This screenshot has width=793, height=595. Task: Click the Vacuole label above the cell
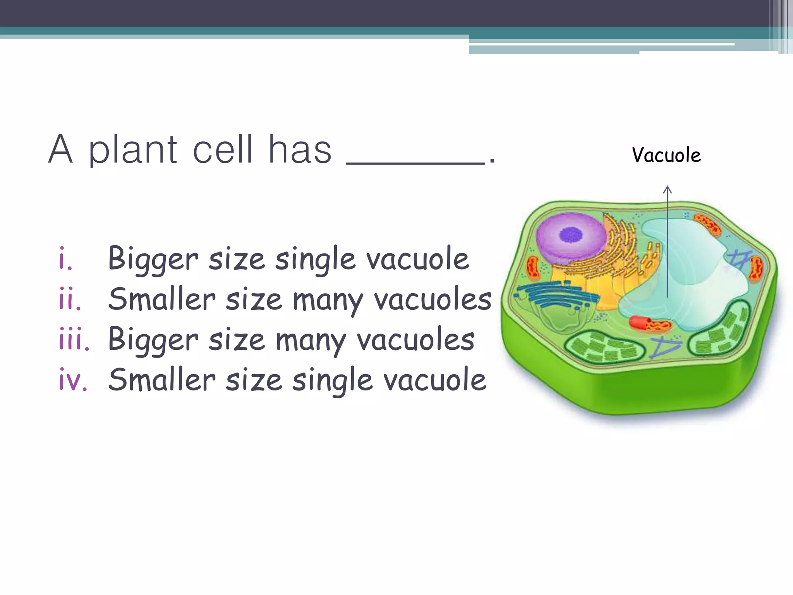666,155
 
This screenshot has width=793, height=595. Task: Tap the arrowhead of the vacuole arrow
667,189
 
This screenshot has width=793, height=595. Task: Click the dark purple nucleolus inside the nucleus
571,234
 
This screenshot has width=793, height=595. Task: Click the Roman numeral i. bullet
65,259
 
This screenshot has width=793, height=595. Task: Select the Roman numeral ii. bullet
70,299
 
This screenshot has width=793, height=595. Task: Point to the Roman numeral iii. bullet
74,340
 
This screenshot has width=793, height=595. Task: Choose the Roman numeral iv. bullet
73,380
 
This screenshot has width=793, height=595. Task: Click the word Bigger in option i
153,259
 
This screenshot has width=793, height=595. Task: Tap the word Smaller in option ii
162,299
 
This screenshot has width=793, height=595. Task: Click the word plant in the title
133,150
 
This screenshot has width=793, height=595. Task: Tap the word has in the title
300,150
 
